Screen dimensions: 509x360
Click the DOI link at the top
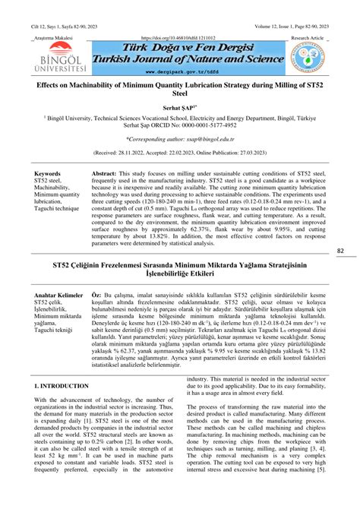[179, 37]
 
